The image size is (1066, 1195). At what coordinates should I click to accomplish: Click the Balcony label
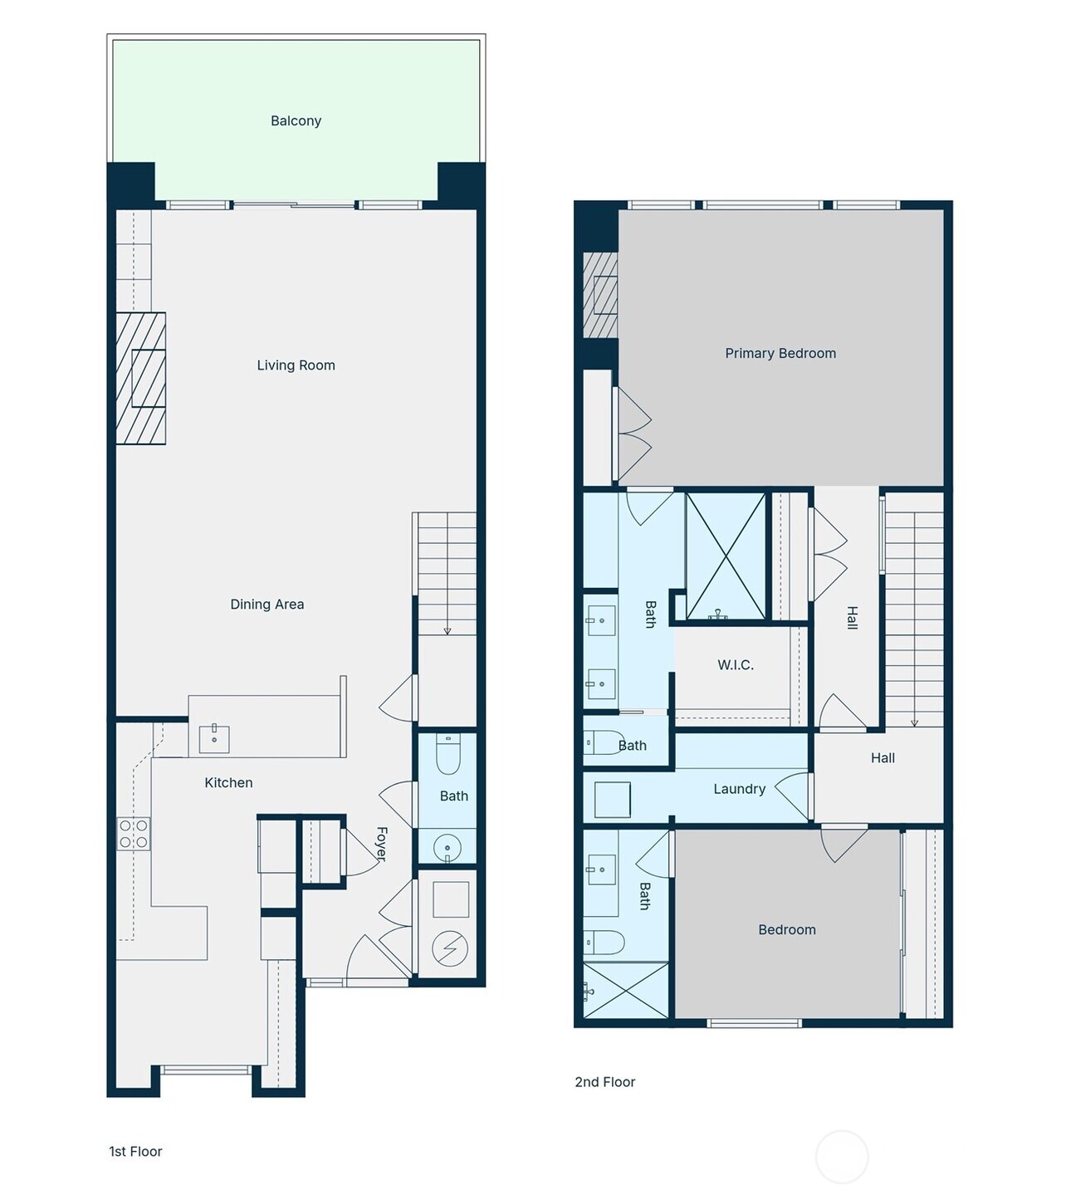296,121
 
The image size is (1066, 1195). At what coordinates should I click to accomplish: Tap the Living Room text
296,365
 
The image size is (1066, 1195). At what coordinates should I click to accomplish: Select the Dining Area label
266,605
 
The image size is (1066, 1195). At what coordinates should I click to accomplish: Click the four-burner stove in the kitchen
134,834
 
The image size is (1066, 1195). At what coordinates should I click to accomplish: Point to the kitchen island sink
214,738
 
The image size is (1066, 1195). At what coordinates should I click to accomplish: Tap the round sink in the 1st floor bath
447,848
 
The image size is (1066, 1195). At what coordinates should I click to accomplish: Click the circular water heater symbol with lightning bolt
450,948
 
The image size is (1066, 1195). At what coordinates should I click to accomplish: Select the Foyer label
382,844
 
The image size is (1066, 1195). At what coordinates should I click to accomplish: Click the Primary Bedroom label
780,354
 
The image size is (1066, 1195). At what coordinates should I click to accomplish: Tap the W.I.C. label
735,665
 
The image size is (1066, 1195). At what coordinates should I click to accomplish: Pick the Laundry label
739,790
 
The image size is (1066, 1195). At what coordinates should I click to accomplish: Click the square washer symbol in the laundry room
613,800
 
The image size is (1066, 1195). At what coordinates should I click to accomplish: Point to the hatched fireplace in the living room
141,378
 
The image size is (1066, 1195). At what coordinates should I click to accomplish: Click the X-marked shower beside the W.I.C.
726,556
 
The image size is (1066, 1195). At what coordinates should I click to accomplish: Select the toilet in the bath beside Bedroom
604,943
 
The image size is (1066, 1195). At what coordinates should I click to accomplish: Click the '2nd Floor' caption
604,1082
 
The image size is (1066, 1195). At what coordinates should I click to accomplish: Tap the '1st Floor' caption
135,1152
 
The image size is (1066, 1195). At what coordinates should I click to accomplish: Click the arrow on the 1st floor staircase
447,629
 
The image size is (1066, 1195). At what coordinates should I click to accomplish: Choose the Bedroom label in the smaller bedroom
786,930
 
